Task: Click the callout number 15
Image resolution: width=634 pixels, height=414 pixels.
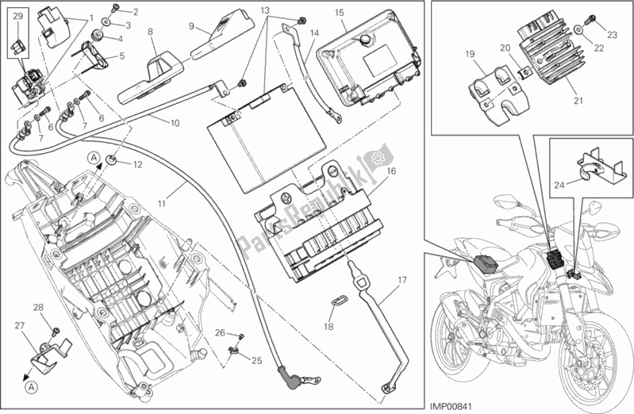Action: click(339, 12)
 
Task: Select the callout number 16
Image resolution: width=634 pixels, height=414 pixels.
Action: click(391, 171)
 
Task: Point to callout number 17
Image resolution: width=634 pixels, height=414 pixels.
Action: click(402, 280)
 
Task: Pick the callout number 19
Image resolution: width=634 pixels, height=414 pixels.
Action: click(469, 55)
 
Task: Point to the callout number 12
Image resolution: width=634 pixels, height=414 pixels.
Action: click(137, 165)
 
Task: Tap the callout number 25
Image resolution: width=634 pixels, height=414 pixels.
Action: click(256, 361)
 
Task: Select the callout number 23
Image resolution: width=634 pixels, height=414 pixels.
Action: click(612, 34)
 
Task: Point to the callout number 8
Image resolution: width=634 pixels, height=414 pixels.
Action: click(149, 32)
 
